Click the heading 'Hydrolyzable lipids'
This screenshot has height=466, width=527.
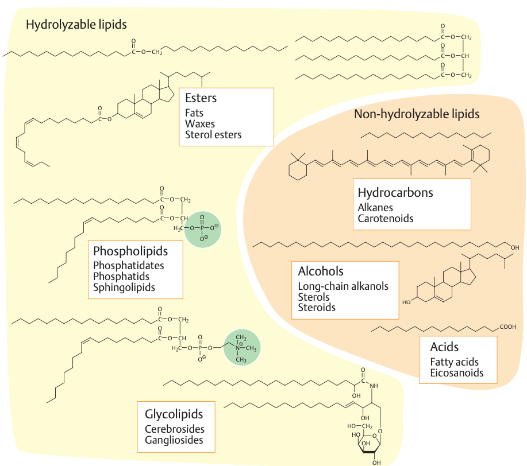pyautogui.click(x=76, y=25)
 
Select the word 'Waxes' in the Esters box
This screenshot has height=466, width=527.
pyautogui.click(x=200, y=124)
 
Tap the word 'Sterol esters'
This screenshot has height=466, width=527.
pyautogui.click(x=213, y=135)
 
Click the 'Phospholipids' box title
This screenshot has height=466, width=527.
pyautogui.click(x=130, y=251)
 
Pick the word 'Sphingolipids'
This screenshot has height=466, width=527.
pyautogui.click(x=124, y=288)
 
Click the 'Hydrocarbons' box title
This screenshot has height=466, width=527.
pyautogui.click(x=395, y=192)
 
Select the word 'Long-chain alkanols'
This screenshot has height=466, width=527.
pyautogui.click(x=343, y=286)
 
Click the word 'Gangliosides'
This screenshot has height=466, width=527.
pyautogui.click(x=174, y=440)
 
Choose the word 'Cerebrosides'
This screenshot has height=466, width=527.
pyautogui.click(x=175, y=429)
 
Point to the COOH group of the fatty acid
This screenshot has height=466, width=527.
pyautogui.click(x=507, y=328)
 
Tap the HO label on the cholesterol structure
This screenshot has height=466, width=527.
pyautogui.click(x=406, y=301)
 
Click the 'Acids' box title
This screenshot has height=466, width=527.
pyautogui.click(x=444, y=347)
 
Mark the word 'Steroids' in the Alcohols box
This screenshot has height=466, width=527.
pyautogui.click(x=317, y=308)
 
